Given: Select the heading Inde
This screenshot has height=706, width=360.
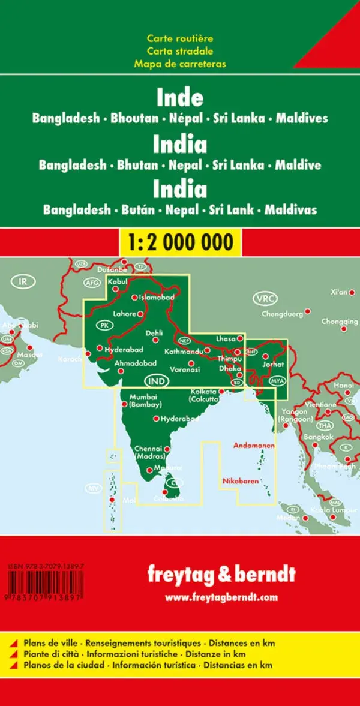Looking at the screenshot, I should pyautogui.click(x=180, y=98).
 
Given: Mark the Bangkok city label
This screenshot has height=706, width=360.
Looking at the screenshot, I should pyautogui.click(x=318, y=437).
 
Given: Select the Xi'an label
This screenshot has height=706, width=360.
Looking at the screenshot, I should pyautogui.click(x=339, y=292).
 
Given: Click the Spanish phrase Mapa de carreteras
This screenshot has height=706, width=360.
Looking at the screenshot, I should pyautogui.click(x=179, y=63).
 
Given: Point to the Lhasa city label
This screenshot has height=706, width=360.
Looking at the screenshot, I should pyautogui.click(x=226, y=339).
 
